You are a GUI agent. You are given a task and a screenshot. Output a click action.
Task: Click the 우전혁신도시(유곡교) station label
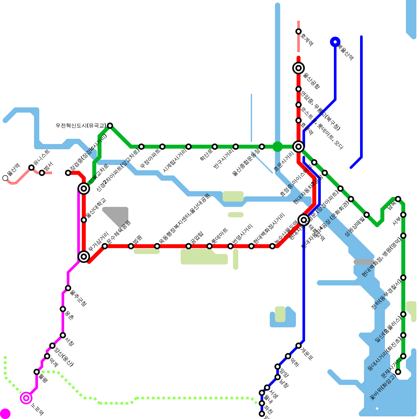coord(81,126)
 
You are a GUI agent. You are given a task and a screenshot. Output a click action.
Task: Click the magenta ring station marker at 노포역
coord(26,398)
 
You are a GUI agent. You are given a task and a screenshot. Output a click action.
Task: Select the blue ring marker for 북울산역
coord(335,42)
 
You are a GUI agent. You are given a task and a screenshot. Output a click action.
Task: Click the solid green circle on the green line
coord(278,147)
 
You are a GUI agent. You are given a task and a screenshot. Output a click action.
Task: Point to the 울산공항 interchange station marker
coord(299,68)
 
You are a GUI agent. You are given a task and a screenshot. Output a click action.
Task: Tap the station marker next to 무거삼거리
coord(84,257)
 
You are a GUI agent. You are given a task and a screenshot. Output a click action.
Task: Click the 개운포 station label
coord(307,354)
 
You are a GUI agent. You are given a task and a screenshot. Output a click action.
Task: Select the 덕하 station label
coord(295,362)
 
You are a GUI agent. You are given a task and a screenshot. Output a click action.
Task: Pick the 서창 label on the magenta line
coord(70,341)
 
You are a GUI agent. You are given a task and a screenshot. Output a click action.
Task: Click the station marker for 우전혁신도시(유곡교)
coord(110,126)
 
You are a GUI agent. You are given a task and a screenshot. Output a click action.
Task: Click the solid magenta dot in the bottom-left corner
coord(5,414)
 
